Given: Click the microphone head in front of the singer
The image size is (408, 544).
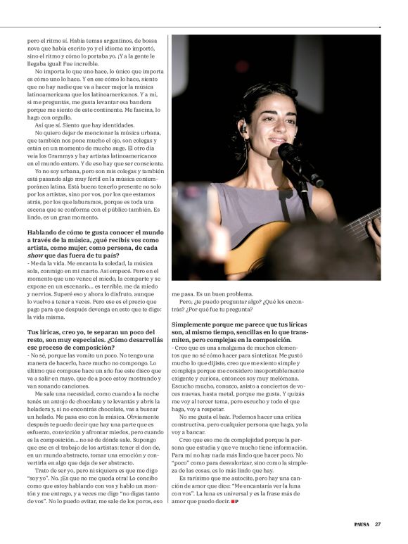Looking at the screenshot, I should [288, 152].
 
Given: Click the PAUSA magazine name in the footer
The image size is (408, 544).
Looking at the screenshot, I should [362, 524].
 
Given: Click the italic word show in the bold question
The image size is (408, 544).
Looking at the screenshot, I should [37, 256].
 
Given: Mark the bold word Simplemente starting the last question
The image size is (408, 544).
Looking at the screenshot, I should [193, 324].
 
